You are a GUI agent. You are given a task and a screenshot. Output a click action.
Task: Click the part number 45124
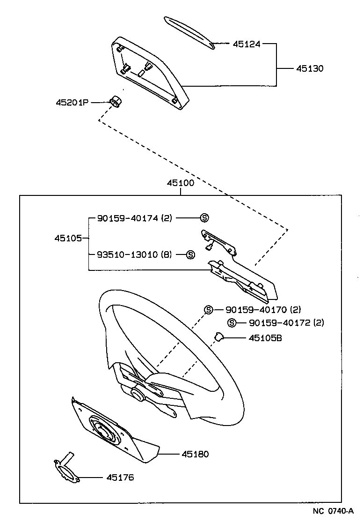247,44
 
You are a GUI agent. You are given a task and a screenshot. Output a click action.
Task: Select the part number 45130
310,68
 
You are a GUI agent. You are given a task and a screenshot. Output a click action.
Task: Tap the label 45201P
72,102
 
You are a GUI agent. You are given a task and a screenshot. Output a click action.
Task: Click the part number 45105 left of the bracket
68,238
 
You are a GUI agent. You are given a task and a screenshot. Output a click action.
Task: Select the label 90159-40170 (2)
263,310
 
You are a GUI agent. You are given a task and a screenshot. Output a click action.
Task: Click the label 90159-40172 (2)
286,322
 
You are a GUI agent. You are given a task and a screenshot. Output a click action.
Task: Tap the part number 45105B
265,337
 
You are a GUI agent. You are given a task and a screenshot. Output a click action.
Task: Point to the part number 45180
195,454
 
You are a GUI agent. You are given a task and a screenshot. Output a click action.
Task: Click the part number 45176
120,478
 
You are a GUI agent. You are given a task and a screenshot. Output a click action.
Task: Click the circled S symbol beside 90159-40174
204,218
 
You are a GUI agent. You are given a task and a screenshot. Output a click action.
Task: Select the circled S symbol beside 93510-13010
190,254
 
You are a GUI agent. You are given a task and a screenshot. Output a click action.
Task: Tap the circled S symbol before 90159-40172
231,322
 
